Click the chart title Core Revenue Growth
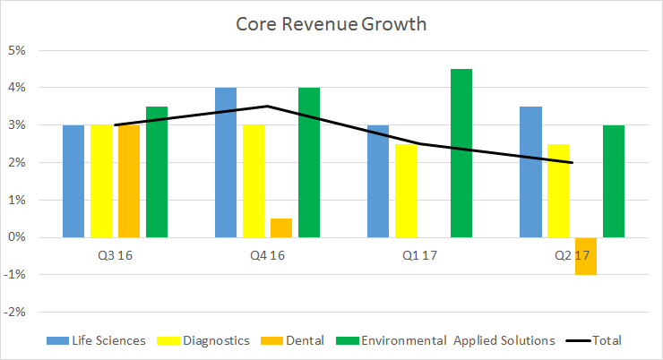[x=331, y=23]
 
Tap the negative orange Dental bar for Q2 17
[x=586, y=256]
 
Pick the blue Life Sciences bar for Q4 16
[x=226, y=162]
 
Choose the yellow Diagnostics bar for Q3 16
[x=101, y=181]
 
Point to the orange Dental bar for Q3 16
[x=129, y=181]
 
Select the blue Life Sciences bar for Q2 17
[x=530, y=172]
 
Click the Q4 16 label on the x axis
[x=267, y=256]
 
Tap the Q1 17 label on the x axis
[x=419, y=256]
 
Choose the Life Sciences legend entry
[x=96, y=340]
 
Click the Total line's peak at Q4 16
[x=268, y=107]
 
